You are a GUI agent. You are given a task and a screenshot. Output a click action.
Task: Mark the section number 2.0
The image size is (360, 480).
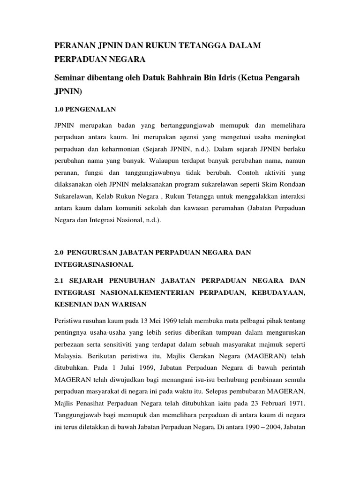(x=61, y=253)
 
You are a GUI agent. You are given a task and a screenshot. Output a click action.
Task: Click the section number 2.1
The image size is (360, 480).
(x=61, y=280)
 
